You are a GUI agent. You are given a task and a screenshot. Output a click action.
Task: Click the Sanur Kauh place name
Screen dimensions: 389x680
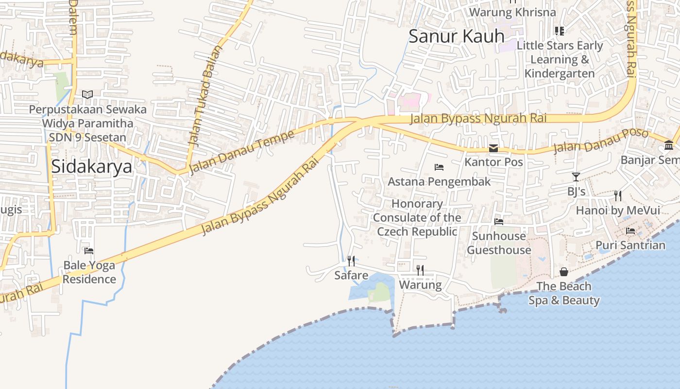(456, 36)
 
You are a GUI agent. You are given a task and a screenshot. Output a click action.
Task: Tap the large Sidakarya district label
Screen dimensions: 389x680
(91, 166)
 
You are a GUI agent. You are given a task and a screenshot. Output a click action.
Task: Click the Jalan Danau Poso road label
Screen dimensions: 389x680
(600, 141)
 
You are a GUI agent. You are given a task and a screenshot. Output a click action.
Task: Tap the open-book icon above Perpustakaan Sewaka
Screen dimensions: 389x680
(87, 94)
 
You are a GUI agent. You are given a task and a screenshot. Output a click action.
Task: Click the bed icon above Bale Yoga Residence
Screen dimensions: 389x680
(89, 251)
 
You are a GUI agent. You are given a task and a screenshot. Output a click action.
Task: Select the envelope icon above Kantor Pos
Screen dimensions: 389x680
(493, 148)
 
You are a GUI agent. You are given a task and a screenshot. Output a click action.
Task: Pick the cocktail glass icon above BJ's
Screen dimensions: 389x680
(576, 177)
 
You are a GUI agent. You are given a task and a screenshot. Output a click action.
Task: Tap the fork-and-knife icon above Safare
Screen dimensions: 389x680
(351, 261)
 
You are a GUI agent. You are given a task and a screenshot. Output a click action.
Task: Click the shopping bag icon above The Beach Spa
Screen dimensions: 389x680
(564, 271)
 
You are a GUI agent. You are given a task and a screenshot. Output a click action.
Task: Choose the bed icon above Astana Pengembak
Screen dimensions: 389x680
(439, 167)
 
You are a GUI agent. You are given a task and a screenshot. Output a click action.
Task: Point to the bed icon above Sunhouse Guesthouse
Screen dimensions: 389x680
(499, 222)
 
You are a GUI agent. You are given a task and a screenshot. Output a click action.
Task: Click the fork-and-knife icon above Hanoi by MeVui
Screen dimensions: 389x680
(618, 196)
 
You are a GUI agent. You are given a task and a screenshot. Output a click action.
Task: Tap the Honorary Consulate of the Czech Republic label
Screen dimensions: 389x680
(417, 217)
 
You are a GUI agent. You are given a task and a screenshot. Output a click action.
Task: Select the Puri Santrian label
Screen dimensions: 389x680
(630, 245)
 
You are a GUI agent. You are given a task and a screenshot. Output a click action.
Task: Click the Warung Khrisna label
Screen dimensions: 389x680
(512, 12)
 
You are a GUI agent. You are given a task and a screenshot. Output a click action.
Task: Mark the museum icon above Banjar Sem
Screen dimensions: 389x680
(669, 145)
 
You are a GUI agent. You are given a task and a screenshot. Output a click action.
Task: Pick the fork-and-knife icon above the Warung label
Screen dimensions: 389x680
(420, 270)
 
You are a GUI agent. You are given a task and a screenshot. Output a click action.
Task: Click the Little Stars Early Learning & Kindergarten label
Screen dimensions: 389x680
(560, 59)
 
